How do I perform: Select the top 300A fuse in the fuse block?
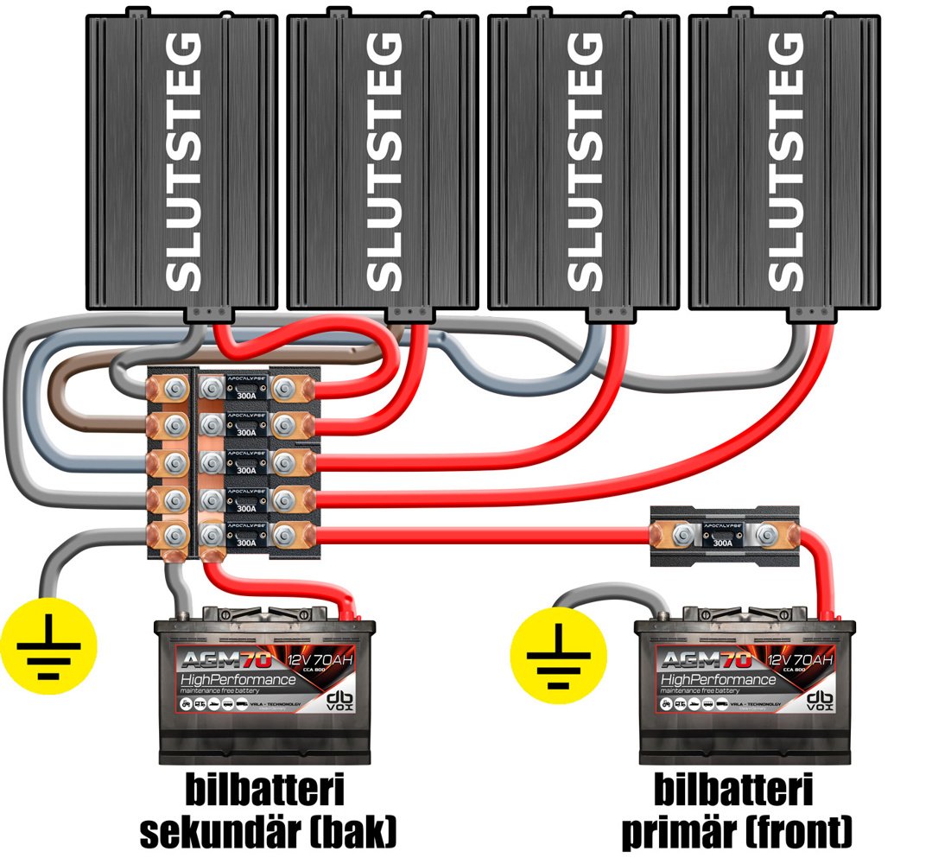point(246,391)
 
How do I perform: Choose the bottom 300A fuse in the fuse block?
point(246,537)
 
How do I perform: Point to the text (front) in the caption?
point(800,831)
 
